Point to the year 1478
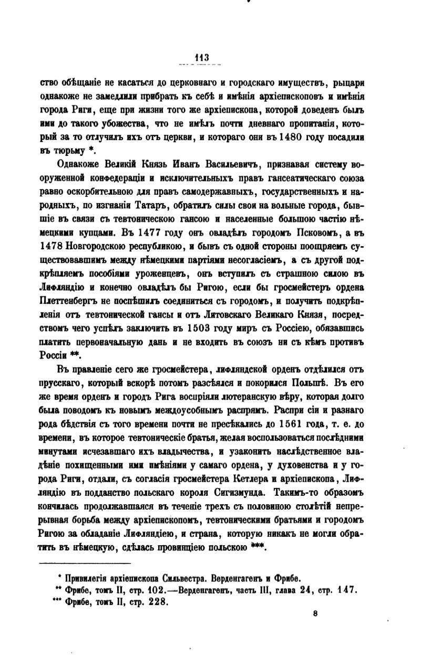click(52, 245)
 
